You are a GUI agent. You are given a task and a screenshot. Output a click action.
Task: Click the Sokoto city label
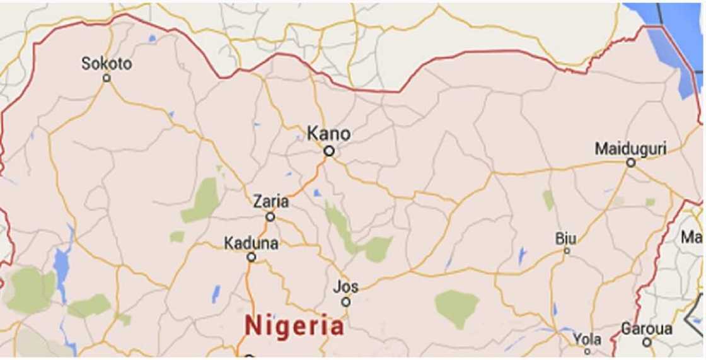click(107, 64)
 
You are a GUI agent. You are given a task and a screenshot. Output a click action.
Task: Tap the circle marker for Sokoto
click(107, 78)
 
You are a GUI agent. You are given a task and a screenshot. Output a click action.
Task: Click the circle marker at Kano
click(328, 151)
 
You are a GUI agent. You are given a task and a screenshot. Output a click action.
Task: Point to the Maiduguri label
click(630, 149)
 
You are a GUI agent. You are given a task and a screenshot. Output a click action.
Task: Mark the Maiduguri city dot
click(630, 163)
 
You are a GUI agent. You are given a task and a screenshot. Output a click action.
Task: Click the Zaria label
click(270, 202)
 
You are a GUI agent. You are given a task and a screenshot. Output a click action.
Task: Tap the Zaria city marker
click(270, 217)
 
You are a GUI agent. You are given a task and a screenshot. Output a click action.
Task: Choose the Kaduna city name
click(251, 243)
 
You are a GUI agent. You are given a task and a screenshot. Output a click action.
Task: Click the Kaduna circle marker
click(252, 257)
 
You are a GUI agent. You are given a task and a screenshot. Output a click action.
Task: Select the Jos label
click(347, 287)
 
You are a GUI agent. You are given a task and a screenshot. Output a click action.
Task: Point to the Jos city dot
click(345, 302)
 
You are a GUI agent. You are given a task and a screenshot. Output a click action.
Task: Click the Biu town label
click(565, 238)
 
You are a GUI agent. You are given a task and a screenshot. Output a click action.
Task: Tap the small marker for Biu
click(566, 251)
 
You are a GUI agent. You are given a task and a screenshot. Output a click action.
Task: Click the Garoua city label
click(646, 329)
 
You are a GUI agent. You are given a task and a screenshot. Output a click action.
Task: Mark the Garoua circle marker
click(647, 343)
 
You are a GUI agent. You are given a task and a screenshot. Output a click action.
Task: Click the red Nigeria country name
click(295, 327)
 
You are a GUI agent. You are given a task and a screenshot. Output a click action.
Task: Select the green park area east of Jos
click(456, 305)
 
